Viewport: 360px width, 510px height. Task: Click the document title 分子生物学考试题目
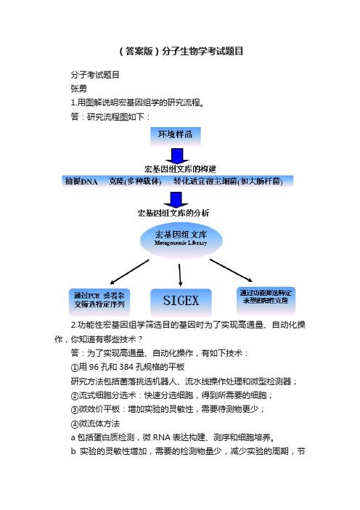tap(202, 51)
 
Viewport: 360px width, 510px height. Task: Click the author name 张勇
tap(78, 89)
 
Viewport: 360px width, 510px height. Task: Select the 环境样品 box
tap(176, 136)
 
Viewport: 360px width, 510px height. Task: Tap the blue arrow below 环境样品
tap(177, 155)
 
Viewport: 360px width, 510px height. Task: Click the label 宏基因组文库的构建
tap(180, 169)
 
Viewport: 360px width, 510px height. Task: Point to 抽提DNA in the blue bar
tap(81, 181)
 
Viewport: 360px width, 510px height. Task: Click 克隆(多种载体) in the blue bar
tap(135, 181)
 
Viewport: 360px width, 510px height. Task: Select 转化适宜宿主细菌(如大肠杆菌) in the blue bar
tap(228, 181)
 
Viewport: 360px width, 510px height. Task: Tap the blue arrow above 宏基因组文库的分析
tap(176, 200)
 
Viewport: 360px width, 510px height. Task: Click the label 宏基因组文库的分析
tap(173, 213)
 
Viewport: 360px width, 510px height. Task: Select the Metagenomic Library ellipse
tap(181, 240)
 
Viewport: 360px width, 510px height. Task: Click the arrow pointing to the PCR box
tap(129, 272)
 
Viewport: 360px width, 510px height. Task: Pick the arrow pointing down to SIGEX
tap(180, 275)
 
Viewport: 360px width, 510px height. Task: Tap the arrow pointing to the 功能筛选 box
tap(231, 270)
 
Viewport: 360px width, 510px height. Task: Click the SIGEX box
tap(181, 301)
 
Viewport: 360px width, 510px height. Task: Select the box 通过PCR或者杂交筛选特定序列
tap(99, 301)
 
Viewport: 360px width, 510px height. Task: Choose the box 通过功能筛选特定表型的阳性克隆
tap(266, 300)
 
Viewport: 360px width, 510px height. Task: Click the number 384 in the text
tap(126, 367)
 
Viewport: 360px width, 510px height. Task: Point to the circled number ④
tap(75, 424)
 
